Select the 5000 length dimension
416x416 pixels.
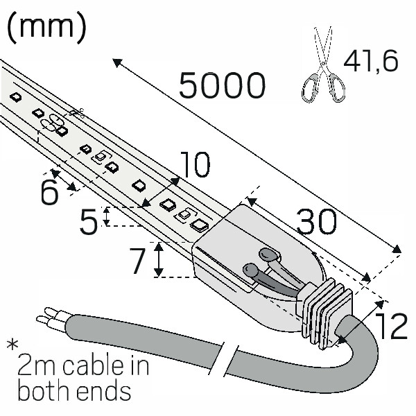222,86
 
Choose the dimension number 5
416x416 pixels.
89,223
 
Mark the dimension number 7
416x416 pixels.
138,261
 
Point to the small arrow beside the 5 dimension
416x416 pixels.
106,216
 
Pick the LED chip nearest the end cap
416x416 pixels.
200,224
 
